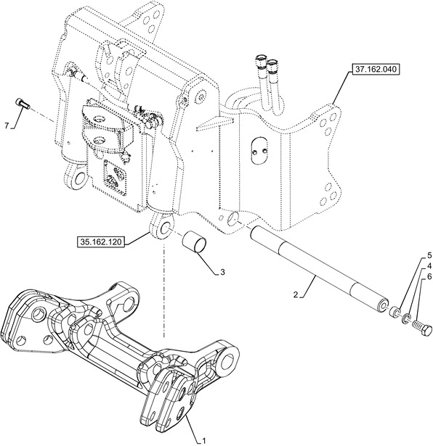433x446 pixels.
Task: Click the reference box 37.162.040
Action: pyautogui.click(x=376, y=69)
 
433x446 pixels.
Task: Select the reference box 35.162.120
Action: pyautogui.click(x=101, y=242)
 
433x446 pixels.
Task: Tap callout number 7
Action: pyautogui.click(x=7, y=125)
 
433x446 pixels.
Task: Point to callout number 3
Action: pyautogui.click(x=222, y=272)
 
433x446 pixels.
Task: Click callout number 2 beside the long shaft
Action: pyautogui.click(x=296, y=294)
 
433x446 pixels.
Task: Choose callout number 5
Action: pyautogui.click(x=429, y=256)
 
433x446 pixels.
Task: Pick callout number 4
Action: pyautogui.click(x=429, y=266)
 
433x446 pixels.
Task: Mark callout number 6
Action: pyautogui.click(x=429, y=276)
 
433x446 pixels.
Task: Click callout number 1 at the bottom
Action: pyautogui.click(x=203, y=441)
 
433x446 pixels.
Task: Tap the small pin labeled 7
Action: pyautogui.click(x=23, y=103)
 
